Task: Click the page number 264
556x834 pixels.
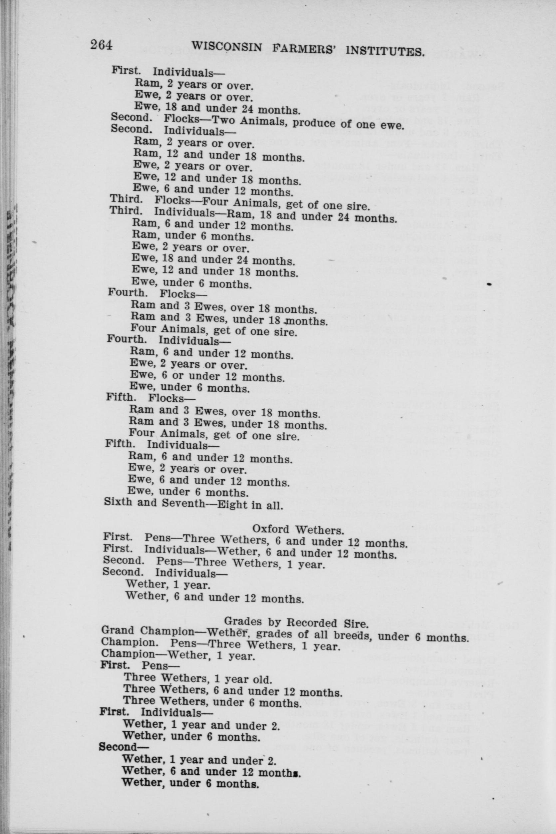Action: (x=101, y=46)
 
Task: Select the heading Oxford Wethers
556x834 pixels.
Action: (x=298, y=530)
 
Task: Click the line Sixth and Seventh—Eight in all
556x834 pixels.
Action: (x=193, y=505)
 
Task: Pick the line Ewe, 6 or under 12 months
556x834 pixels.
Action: (x=207, y=376)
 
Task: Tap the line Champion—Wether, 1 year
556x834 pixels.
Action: (x=178, y=655)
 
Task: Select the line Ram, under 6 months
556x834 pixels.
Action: (x=192, y=235)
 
